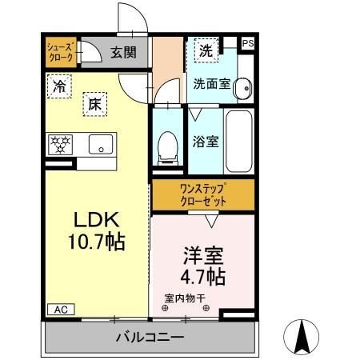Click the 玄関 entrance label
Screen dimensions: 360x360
(x=124, y=53)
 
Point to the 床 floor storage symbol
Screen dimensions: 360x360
(x=95, y=103)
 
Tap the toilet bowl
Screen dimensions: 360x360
(x=168, y=145)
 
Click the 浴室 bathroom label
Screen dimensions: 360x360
(x=206, y=143)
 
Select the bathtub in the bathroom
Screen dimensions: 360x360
(x=240, y=142)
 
